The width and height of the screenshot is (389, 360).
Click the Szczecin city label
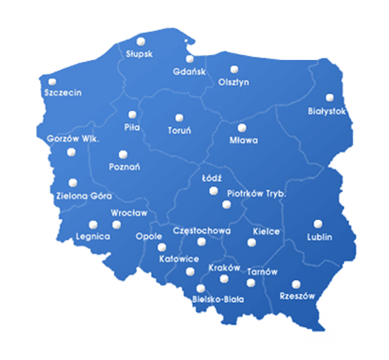point(63,93)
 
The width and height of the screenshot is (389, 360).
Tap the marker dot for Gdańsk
point(190,58)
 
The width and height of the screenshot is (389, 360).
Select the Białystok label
point(327,111)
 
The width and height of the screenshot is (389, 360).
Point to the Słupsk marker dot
point(140,41)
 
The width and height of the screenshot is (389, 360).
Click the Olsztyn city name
point(233,82)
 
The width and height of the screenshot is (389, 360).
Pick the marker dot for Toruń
point(179,117)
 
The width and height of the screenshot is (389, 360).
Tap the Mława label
point(244,141)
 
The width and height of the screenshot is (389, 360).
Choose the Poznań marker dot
point(123,154)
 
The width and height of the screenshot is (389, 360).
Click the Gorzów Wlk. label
point(73,139)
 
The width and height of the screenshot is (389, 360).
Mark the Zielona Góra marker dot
point(73,183)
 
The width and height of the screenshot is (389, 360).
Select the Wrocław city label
point(129,213)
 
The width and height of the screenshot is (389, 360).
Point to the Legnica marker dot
point(92,224)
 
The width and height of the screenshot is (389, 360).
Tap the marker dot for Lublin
point(318,224)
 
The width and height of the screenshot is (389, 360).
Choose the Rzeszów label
point(297,296)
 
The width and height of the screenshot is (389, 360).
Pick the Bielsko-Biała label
point(218,299)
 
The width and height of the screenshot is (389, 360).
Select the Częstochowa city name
point(202,231)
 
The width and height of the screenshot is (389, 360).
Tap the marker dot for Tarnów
point(251,283)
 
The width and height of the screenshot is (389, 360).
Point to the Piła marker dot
point(132,114)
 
